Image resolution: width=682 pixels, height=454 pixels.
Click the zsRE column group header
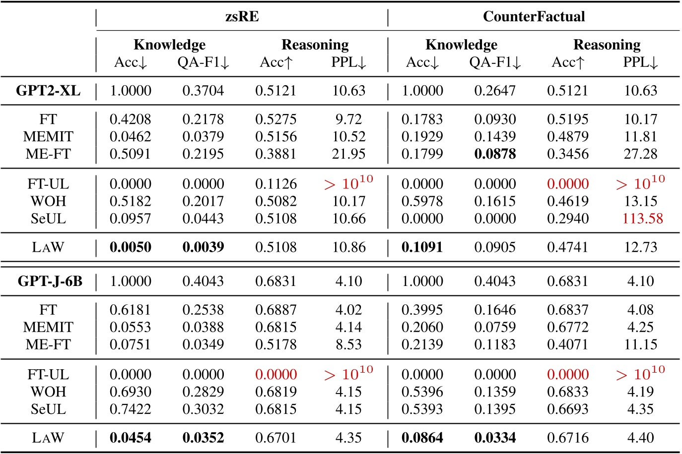pos(242,17)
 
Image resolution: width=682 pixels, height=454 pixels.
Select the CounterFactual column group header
pos(534,17)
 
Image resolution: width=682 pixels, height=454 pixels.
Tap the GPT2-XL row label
pos(48,91)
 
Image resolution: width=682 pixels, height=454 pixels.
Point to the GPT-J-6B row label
pos(50,282)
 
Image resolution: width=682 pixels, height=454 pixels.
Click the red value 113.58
pos(642,219)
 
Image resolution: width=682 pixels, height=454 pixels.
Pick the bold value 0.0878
pos(495,154)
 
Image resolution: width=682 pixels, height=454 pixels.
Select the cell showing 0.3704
pos(203,91)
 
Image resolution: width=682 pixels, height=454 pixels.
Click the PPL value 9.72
pos(348,119)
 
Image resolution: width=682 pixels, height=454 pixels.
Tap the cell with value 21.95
pos(348,154)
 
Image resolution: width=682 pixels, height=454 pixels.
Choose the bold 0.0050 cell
pos(130,247)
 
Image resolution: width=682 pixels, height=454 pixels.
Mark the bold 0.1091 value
pos(422,247)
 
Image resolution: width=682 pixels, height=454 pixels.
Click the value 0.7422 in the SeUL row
pos(130,409)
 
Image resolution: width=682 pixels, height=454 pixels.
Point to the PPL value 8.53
pos(348,344)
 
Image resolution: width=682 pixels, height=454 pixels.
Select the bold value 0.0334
pos(495,438)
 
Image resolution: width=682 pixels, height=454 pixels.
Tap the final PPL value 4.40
pos(640,438)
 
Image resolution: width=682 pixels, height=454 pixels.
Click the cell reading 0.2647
pos(495,91)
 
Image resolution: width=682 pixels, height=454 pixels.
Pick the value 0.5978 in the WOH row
pos(422,201)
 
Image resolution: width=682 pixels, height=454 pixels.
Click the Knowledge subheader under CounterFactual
pos(461,45)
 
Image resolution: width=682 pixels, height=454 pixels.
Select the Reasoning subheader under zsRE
pos(315,45)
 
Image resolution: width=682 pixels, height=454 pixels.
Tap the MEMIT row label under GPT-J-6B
pos(48,327)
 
